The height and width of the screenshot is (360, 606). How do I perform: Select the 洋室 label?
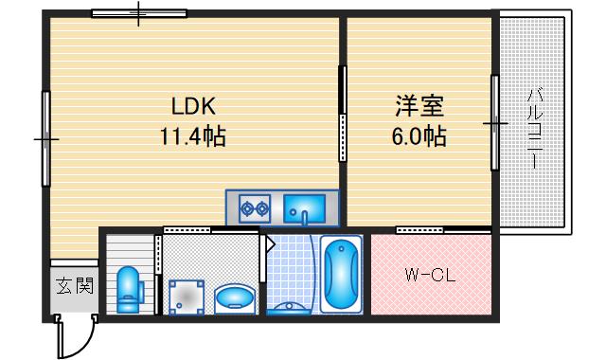419,104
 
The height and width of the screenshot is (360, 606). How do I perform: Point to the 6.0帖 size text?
419,136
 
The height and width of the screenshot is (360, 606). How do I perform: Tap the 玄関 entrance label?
74,285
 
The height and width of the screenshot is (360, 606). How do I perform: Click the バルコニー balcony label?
535,127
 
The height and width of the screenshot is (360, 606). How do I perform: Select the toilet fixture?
129,289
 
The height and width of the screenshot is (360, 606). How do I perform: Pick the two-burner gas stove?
255,206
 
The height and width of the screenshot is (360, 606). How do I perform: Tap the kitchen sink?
305,206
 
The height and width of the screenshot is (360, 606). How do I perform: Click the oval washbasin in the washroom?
233,300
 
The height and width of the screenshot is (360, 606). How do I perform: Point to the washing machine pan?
187,296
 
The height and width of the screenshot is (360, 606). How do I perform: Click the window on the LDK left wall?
45,138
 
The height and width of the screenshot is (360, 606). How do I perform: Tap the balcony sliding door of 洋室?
494,123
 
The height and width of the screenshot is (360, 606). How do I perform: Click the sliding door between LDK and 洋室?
342,114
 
